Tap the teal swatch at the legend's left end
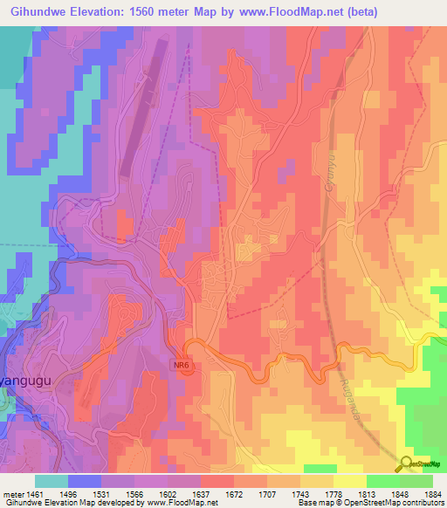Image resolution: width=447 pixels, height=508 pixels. (x=52, y=481)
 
